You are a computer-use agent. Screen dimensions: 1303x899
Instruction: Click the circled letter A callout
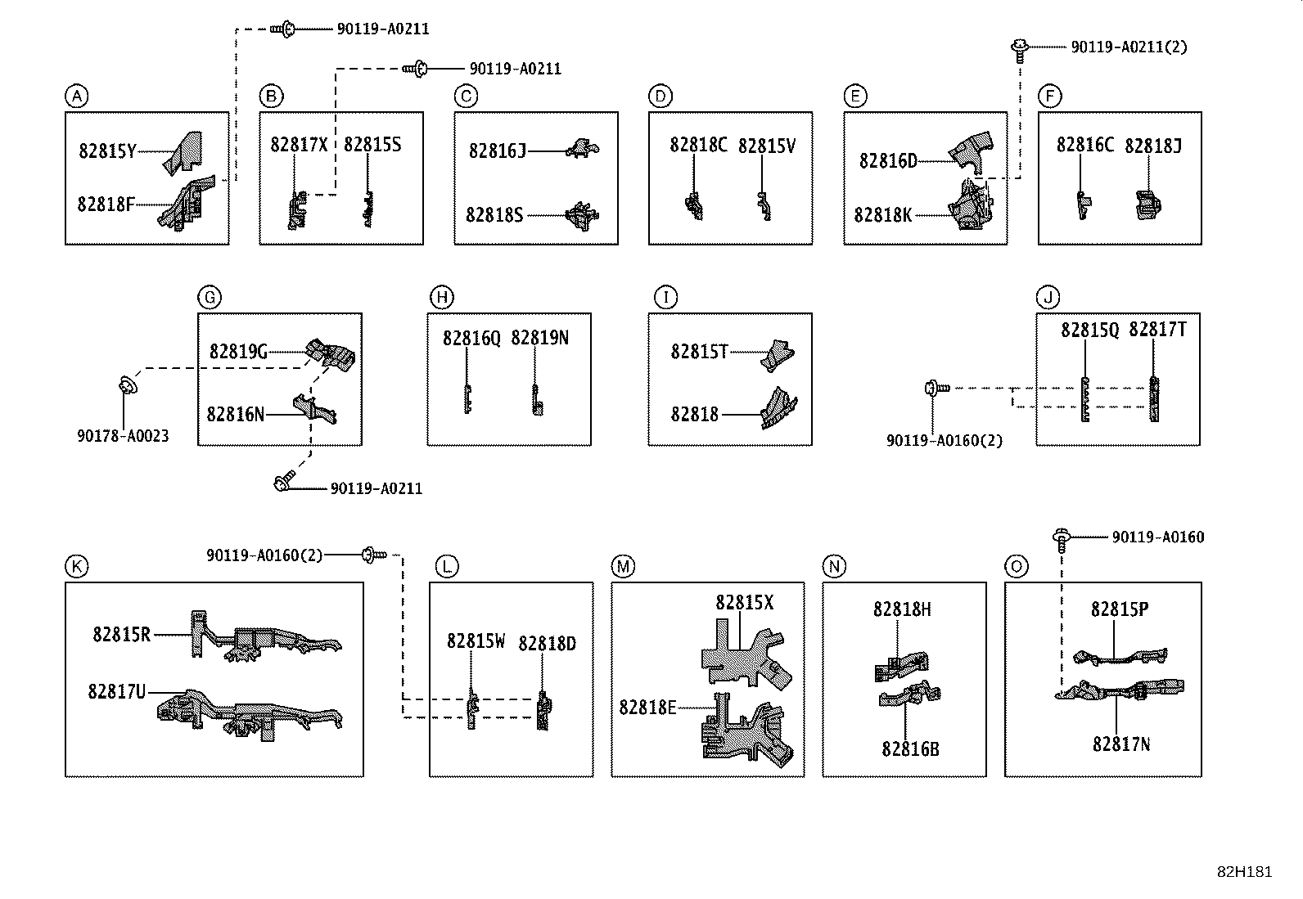[77, 96]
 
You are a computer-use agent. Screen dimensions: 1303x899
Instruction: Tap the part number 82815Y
[107, 151]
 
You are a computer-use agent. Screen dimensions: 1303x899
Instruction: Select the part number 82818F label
[106, 205]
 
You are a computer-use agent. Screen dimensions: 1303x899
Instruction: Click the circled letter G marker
[210, 297]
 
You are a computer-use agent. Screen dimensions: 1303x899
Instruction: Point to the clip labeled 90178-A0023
[128, 384]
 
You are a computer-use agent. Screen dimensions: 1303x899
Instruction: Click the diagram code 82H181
[1244, 872]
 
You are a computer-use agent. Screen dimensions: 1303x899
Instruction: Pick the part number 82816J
[498, 151]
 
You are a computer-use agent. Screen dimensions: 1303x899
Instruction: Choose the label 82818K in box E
[883, 215]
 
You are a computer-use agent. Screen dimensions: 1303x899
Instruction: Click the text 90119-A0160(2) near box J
[945, 440]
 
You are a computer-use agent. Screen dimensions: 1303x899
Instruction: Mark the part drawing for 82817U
[250, 715]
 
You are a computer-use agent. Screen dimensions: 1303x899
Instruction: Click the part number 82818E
[647, 708]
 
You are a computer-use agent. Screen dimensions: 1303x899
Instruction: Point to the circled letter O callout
[1017, 566]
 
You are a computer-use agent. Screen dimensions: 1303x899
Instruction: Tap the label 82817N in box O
[1121, 744]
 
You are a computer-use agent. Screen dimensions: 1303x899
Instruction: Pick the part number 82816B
[910, 749]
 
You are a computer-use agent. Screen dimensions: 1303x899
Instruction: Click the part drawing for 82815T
[778, 355]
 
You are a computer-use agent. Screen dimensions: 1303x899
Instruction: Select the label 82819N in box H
[540, 338]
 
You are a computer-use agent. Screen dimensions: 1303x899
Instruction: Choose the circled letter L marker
[447, 566]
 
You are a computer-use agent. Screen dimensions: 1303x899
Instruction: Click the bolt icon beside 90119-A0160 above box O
[1062, 540]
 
